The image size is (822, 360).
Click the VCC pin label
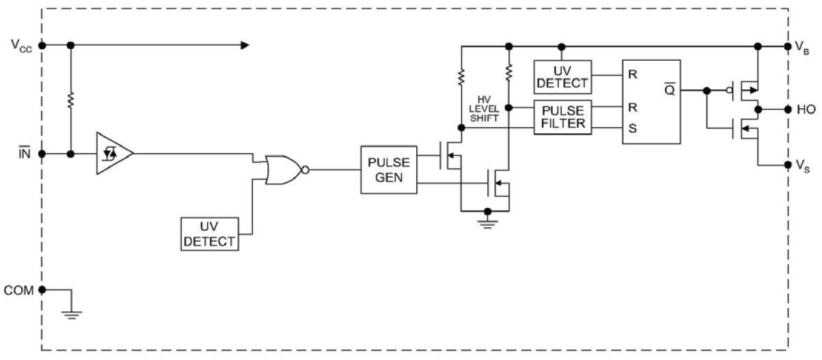point(20,45)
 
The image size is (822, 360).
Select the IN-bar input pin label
point(23,154)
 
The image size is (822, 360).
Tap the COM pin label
point(18,290)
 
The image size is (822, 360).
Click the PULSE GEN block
point(388,169)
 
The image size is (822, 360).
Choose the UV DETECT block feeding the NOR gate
point(209,234)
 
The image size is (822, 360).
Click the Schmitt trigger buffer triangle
point(111,154)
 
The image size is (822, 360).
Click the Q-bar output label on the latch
point(669,88)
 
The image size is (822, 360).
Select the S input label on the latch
point(633,128)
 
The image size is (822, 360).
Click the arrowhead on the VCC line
point(244,45)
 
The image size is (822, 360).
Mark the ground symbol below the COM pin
point(72,314)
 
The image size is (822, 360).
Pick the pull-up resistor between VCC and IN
point(70,100)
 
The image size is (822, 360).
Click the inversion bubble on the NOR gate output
point(306,169)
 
